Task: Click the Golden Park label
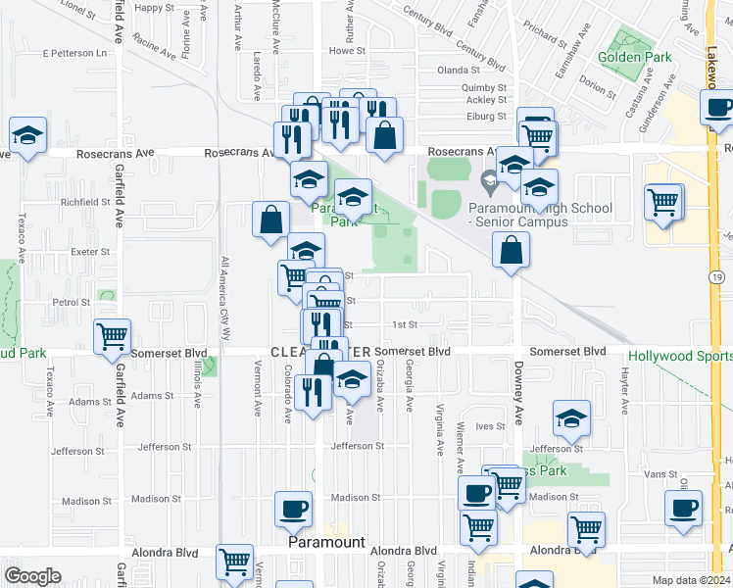tap(642, 57)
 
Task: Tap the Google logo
tap(31, 575)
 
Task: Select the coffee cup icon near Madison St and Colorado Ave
tap(293, 509)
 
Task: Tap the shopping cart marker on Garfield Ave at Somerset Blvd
tap(112, 336)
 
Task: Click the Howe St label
tap(347, 50)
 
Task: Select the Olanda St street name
tap(459, 71)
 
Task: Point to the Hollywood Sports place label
tap(679, 357)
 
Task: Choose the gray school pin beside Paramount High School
tap(489, 181)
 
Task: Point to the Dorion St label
tap(594, 85)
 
